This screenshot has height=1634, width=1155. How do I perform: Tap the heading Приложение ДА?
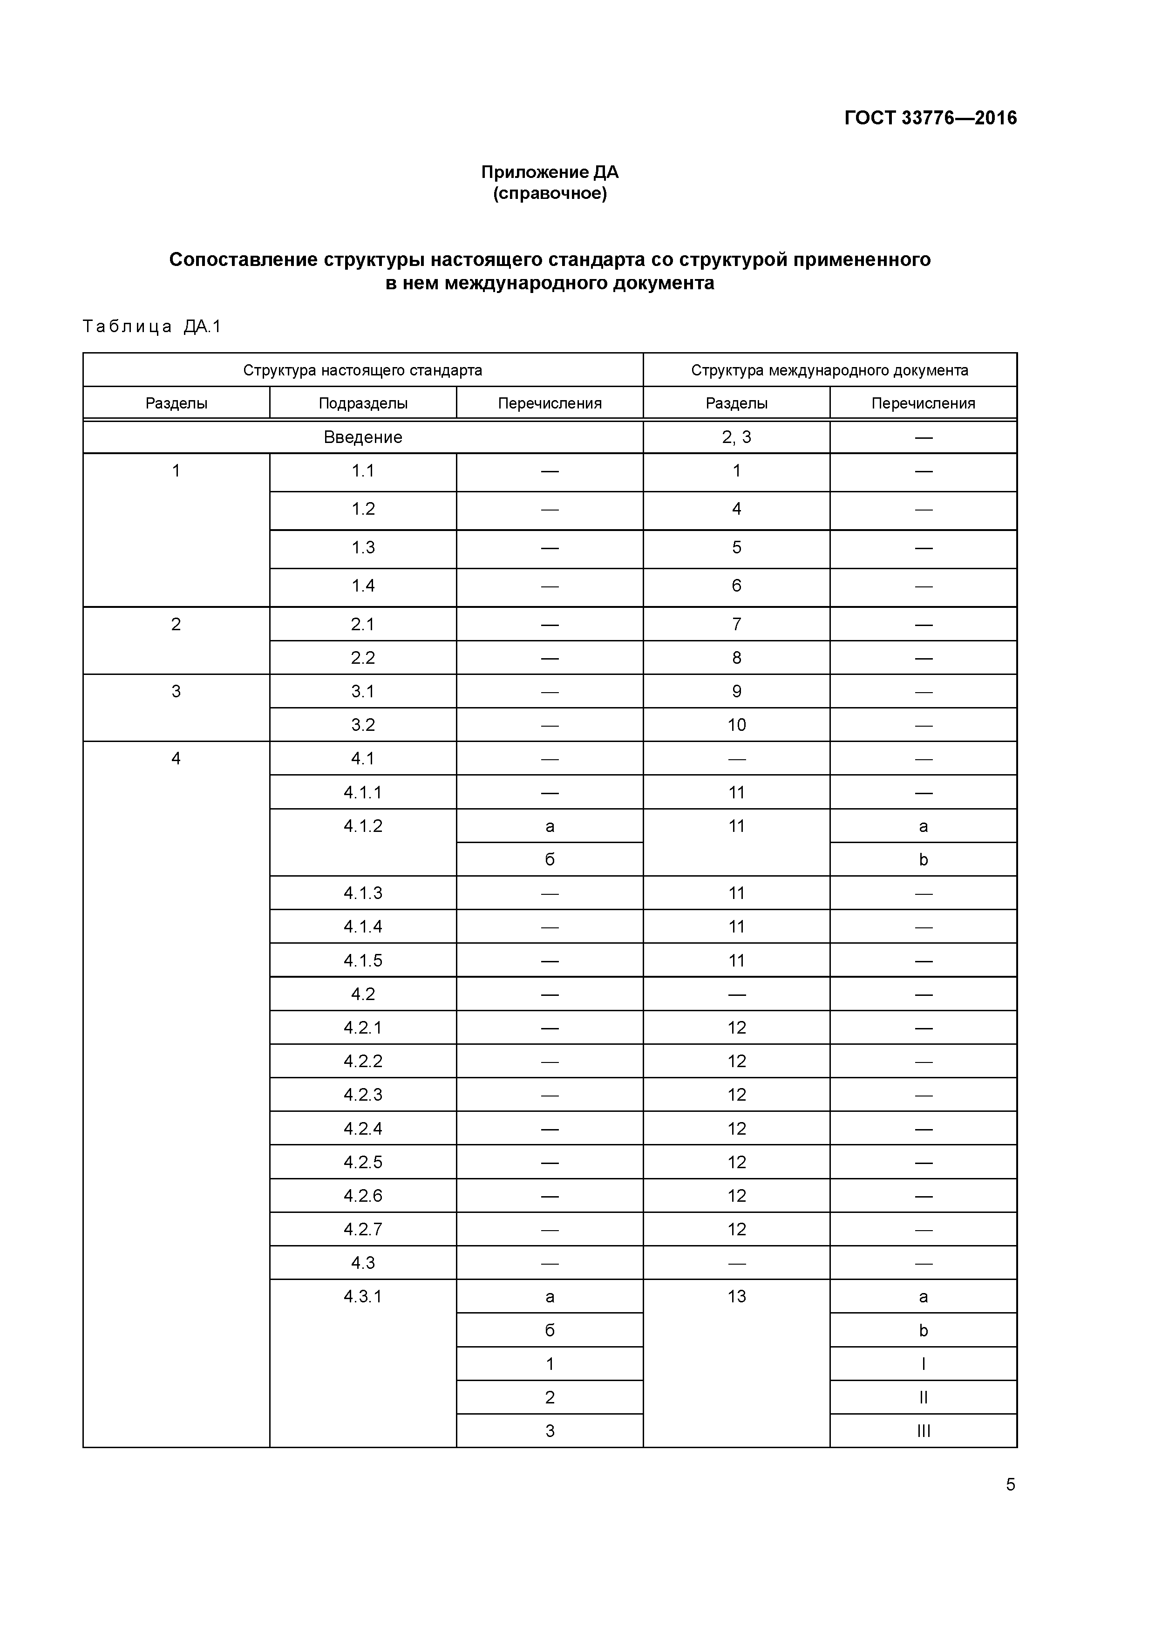click(550, 172)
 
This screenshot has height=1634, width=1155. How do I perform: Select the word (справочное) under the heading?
click(550, 194)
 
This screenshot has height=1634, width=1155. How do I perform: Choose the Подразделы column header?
click(363, 403)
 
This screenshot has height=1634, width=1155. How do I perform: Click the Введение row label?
click(363, 437)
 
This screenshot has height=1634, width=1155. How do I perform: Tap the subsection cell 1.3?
click(363, 547)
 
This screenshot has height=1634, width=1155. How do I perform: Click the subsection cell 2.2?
click(363, 658)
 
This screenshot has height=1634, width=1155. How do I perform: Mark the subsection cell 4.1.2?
click(363, 826)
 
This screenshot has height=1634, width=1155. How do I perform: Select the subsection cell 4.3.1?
click(363, 1297)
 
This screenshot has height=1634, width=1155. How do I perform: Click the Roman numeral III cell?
click(923, 1431)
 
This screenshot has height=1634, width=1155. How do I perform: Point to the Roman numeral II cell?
click(923, 1398)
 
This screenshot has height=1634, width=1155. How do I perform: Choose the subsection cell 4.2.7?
click(363, 1229)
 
